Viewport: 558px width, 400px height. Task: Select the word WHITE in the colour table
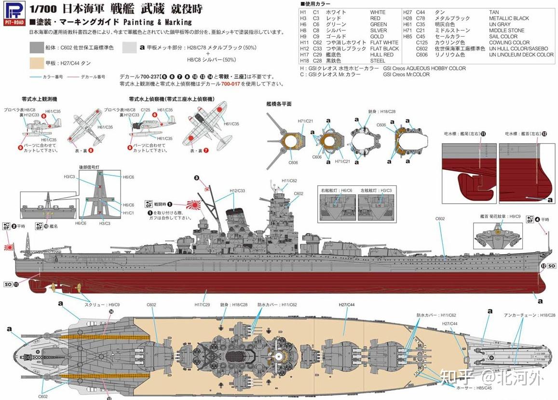[x=378, y=12]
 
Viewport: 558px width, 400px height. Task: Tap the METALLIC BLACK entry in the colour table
[x=509, y=18]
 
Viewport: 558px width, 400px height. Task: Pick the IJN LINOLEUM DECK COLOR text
[x=521, y=55]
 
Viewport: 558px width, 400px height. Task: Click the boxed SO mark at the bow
[x=551, y=266]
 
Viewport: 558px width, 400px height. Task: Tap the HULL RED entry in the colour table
[x=381, y=55]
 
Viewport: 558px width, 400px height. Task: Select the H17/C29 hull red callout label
[x=203, y=304]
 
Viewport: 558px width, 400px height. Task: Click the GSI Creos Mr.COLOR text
[x=406, y=75]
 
